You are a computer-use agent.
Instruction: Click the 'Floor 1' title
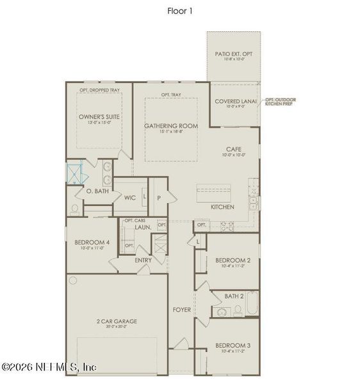180,10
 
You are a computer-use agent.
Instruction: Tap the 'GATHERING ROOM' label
170,126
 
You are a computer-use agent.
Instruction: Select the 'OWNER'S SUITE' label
99,117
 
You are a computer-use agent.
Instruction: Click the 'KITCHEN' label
222,207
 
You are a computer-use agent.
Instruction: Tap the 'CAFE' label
233,148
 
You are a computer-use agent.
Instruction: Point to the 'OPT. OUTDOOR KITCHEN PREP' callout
282,101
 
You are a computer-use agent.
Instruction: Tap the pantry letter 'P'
158,198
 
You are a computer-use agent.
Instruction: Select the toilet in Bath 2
238,310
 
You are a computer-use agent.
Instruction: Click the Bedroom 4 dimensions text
90,248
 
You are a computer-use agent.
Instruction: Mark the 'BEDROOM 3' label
233,344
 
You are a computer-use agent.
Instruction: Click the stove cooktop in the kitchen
227,225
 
